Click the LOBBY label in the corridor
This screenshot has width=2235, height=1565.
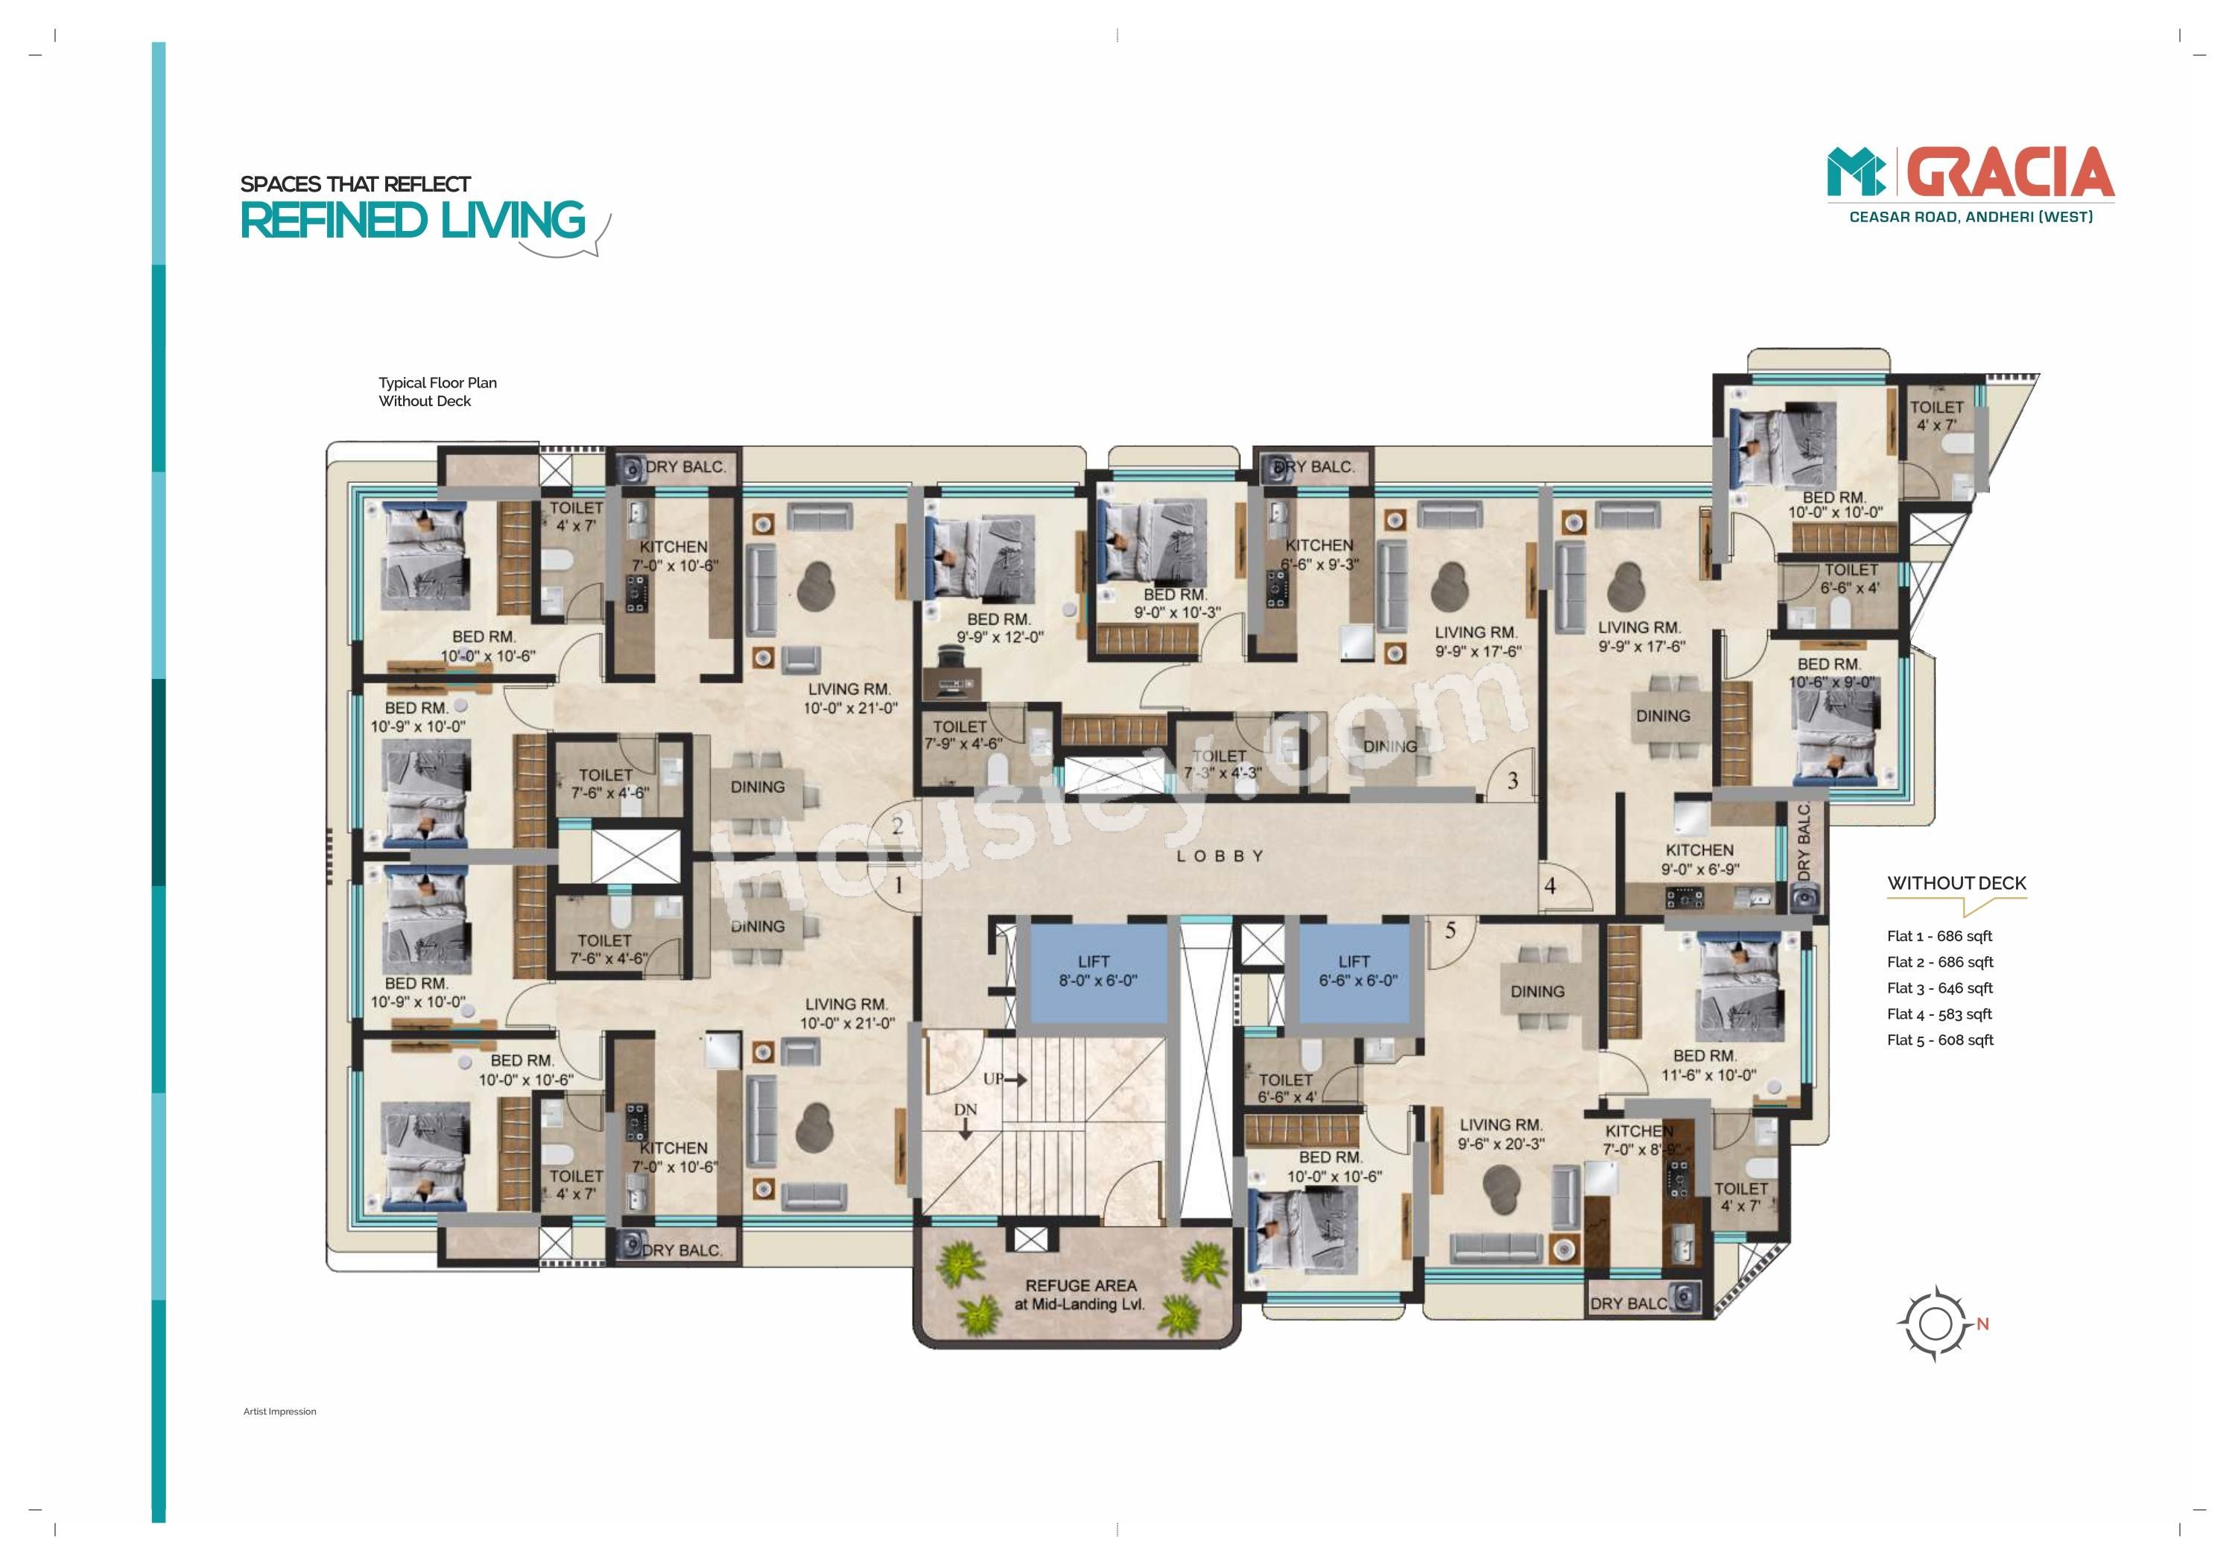(x=1220, y=856)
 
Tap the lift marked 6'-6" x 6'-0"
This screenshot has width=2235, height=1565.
(x=1354, y=973)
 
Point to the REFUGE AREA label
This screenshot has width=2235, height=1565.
(x=1080, y=1294)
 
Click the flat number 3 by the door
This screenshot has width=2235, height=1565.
(x=1512, y=780)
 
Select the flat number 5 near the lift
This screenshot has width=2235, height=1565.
(x=1450, y=931)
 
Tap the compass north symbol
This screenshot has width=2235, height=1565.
(x=1936, y=1324)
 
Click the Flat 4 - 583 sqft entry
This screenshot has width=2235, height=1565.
(x=1939, y=1014)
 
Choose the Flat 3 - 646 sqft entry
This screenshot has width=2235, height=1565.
(x=1940, y=987)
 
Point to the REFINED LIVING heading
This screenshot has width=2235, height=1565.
(x=413, y=220)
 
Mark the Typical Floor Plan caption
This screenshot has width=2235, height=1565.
(x=438, y=383)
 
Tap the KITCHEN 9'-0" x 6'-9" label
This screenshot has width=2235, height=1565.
(x=1699, y=859)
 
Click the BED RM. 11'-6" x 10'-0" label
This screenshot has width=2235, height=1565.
(x=1708, y=1066)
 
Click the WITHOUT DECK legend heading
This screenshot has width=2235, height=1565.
(x=1956, y=883)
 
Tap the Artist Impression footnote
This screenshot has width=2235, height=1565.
(x=279, y=1411)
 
